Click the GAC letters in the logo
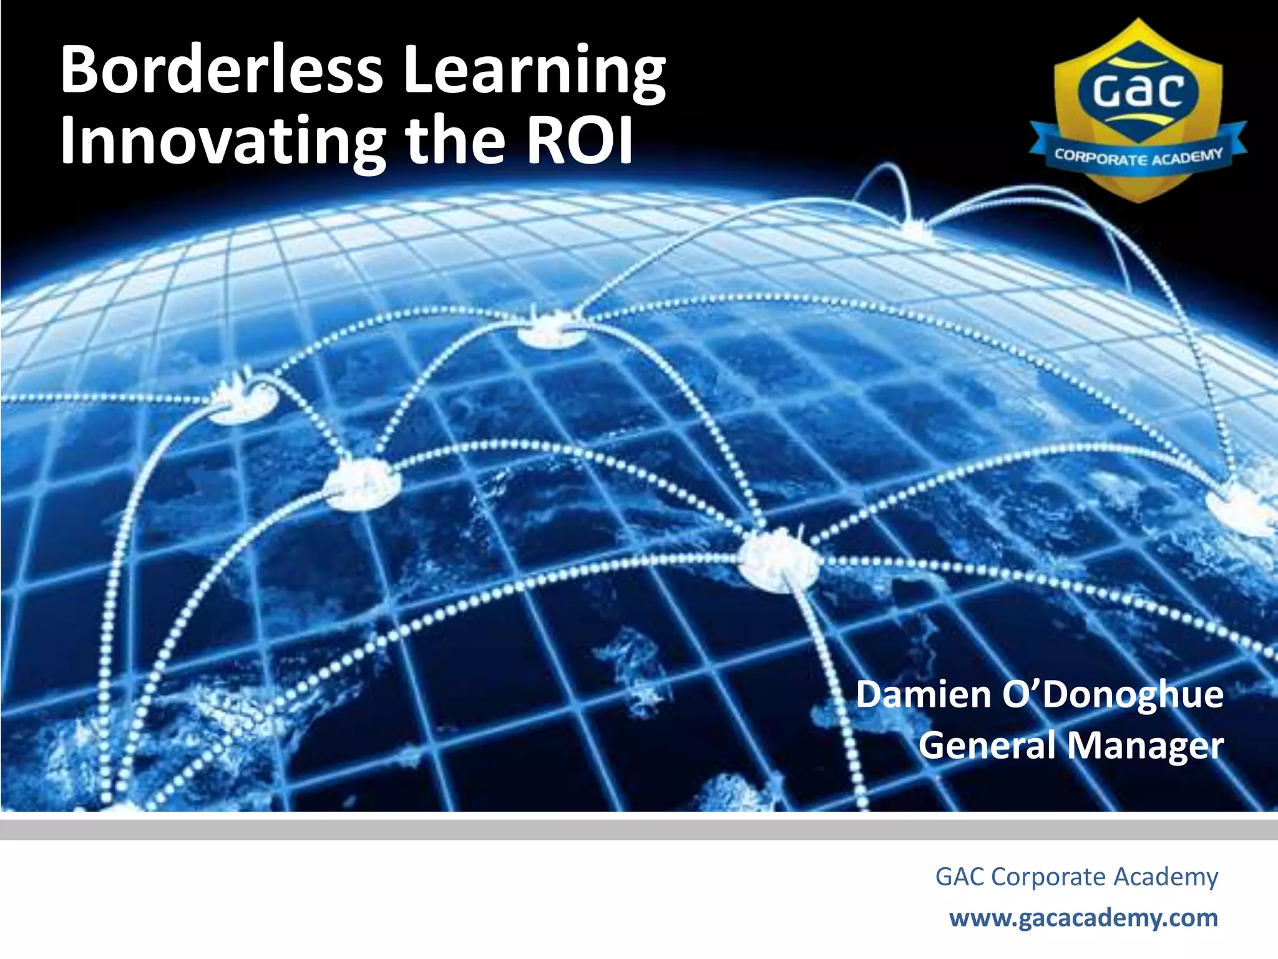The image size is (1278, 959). pos(1138,91)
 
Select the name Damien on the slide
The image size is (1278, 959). pos(924,694)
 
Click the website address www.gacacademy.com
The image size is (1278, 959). pos(1083,918)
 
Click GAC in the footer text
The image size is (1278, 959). pos(959,877)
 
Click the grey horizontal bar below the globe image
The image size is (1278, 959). pos(639,830)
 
